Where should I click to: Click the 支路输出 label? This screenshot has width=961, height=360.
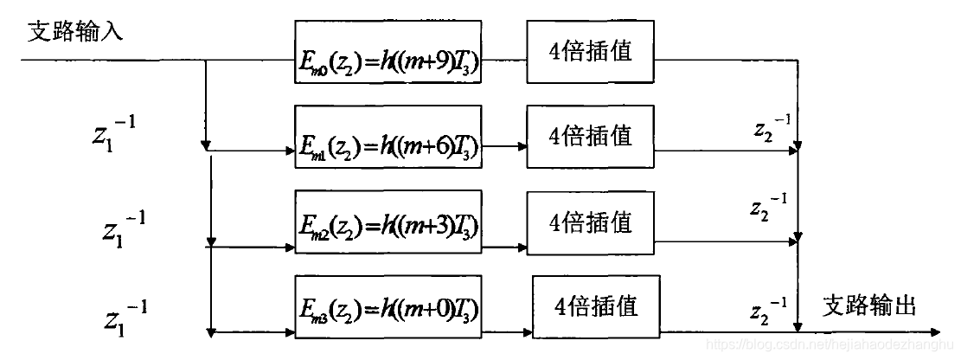coord(868,305)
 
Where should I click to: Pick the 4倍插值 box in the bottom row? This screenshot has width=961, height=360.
coord(597,306)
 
